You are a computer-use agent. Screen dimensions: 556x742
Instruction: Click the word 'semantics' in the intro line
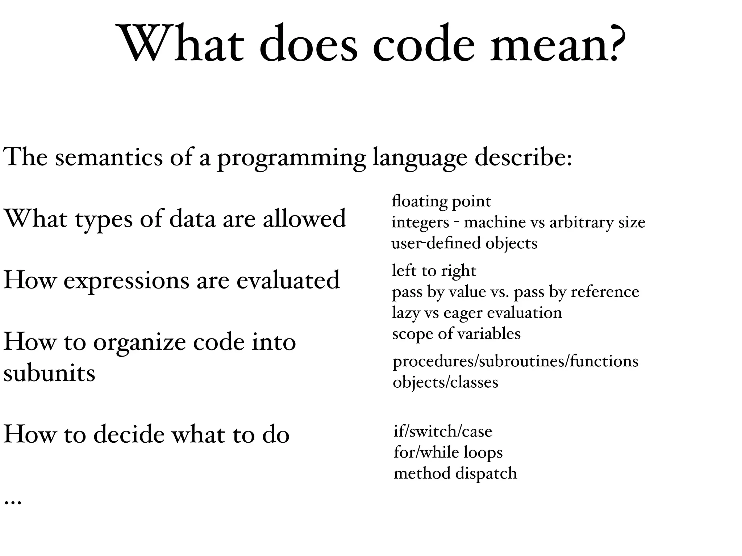(109, 157)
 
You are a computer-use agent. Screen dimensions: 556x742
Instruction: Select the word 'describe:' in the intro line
(523, 157)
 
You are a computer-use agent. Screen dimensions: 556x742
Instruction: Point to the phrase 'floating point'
(441, 201)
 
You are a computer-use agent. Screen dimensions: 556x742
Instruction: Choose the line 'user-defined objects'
(464, 243)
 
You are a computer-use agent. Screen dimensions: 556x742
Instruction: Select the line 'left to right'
(434, 271)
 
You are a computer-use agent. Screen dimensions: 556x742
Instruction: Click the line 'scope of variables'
(456, 334)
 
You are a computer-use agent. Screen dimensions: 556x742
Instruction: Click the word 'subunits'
(49, 373)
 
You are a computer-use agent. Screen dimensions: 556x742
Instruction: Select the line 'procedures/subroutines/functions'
(515, 361)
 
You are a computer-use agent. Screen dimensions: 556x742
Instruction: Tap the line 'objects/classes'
(445, 382)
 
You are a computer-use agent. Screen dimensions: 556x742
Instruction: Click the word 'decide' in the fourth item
(129, 434)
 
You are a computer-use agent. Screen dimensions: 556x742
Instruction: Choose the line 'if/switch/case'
(443, 431)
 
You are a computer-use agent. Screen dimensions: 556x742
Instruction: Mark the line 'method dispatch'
(455, 473)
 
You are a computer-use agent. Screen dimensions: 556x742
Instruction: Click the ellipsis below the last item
(13, 502)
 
